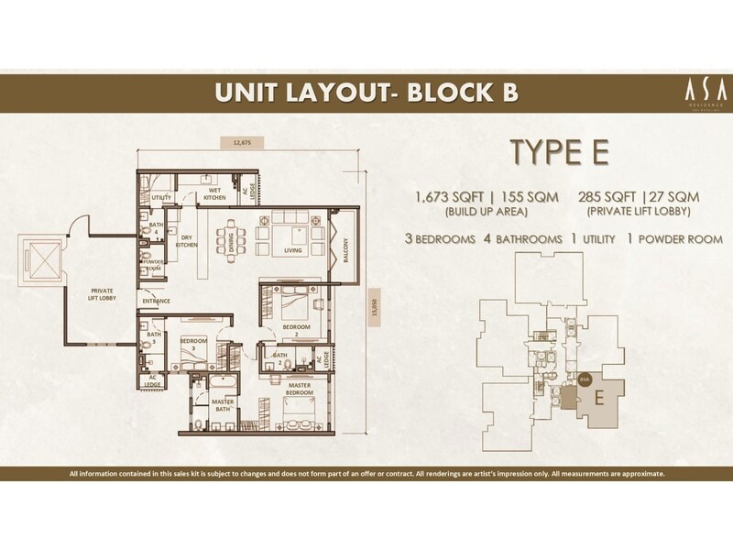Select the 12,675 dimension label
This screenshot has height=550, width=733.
242,142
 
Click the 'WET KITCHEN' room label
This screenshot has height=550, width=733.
215,193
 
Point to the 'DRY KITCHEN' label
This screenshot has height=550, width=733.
187,241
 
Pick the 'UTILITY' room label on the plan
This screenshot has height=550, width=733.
162,197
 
